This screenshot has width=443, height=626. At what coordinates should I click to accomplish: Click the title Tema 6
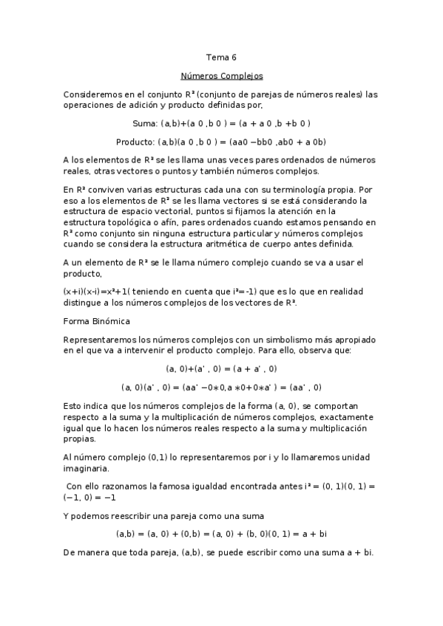221,56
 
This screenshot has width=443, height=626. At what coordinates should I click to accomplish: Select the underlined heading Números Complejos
222,76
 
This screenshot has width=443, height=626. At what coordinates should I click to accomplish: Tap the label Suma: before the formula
144,123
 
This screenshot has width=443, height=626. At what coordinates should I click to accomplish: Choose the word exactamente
347,417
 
